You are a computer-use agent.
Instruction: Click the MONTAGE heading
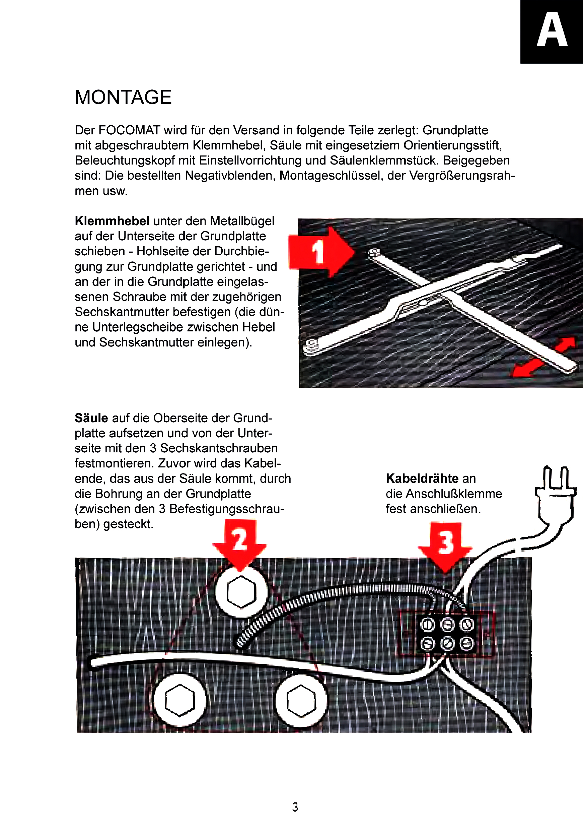click(123, 97)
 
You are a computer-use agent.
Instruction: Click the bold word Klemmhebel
click(112, 220)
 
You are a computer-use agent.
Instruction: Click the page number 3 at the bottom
click(295, 807)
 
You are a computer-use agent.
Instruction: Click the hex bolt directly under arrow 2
click(241, 592)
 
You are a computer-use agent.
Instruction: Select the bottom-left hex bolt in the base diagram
click(180, 700)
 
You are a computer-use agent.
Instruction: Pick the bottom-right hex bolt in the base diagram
click(301, 700)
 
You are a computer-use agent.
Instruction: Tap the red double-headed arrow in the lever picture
click(543, 357)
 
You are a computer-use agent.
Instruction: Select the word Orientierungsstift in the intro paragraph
click(452, 145)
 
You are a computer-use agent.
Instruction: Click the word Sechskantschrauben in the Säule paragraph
click(219, 448)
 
